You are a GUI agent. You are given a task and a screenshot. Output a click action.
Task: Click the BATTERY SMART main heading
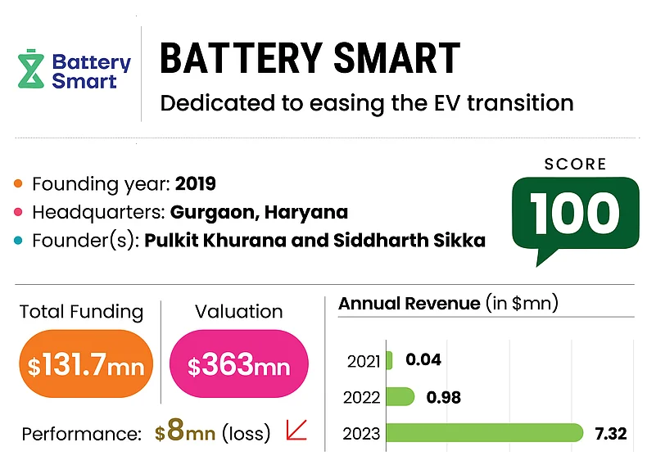309,59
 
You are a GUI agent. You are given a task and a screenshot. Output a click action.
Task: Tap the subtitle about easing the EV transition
366,104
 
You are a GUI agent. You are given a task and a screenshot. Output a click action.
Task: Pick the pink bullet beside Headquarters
20,213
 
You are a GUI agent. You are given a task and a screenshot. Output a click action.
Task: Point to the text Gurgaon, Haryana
259,213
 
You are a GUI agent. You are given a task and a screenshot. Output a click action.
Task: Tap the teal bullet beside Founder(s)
20,242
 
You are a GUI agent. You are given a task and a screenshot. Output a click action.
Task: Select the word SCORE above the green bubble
575,165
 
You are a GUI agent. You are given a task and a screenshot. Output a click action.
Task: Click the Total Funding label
81,312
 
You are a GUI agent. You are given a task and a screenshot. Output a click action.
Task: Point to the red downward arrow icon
296,430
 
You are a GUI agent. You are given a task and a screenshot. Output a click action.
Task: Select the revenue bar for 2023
483,433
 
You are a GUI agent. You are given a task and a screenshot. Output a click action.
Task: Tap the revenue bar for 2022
400,397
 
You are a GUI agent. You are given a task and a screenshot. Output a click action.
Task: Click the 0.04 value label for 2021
423,360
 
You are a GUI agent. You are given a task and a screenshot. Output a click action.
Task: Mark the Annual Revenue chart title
409,304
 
